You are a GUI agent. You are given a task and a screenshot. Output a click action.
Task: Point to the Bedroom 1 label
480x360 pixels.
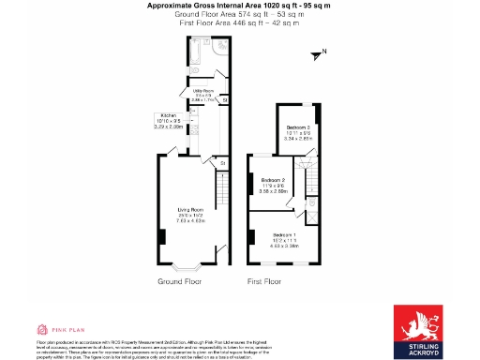coord(285,234)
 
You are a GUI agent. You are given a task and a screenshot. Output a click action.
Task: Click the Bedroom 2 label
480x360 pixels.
coord(273,180)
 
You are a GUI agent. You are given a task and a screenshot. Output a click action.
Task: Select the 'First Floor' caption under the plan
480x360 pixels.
coord(265,281)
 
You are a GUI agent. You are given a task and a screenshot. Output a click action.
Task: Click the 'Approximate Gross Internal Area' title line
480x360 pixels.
coord(239,6)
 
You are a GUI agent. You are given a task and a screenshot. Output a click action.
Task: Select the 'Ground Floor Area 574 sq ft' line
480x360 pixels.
coord(239,14)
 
